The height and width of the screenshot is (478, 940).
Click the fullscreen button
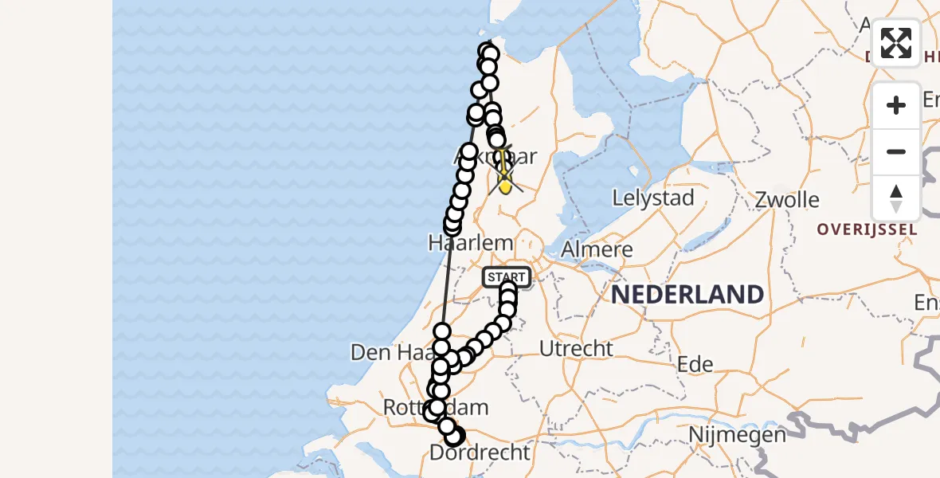(x=896, y=42)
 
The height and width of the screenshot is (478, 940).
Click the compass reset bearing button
(x=896, y=198)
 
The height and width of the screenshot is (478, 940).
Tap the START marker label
(x=505, y=277)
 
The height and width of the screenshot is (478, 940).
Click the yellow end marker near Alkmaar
(x=505, y=184)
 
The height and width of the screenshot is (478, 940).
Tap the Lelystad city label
(x=653, y=198)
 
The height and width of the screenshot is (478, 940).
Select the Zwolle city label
(x=787, y=198)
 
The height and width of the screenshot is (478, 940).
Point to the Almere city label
(x=597, y=249)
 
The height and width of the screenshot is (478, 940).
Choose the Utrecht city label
(x=576, y=348)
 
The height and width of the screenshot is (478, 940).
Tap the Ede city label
(x=694, y=364)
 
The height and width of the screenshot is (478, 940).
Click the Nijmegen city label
(x=738, y=435)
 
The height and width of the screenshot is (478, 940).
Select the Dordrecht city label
(x=479, y=453)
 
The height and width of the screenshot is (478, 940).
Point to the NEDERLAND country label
(x=687, y=295)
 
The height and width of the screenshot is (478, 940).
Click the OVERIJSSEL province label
(x=867, y=229)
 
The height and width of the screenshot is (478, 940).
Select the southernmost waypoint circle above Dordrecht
(x=453, y=437)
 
